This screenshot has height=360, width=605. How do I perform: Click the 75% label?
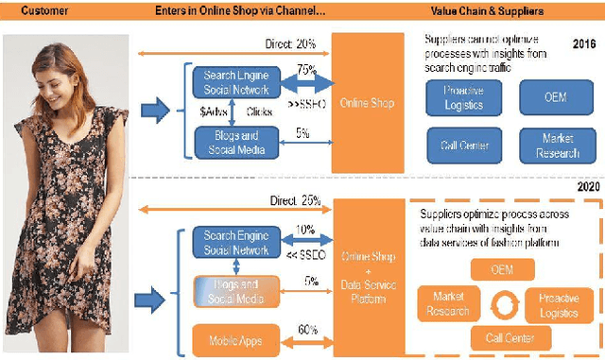pos(304,69)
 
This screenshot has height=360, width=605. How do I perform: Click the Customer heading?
pos(45,11)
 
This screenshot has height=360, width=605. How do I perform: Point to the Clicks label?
pos(259,111)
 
